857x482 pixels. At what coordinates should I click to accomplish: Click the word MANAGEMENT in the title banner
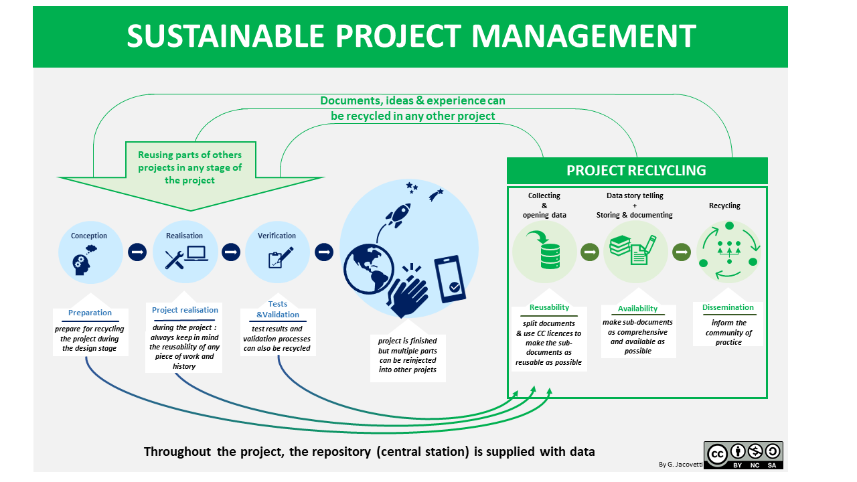tap(583, 36)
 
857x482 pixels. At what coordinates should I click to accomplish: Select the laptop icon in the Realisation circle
tap(196, 254)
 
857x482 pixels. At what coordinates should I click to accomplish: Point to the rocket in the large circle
tap(398, 215)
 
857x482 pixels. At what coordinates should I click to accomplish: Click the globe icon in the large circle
tap(368, 268)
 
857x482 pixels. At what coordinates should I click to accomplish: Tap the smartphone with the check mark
tap(449, 279)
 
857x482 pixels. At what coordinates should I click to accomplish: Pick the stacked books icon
tap(620, 245)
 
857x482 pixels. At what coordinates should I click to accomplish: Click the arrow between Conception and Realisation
tap(137, 252)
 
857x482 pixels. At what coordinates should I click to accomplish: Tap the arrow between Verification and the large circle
tap(324, 252)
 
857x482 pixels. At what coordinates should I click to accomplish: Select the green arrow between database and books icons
tap(590, 252)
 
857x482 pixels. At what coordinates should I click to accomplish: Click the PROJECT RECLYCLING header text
tap(636, 171)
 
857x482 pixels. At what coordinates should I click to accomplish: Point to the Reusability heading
tap(549, 307)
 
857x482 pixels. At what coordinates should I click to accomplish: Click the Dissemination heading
tap(728, 307)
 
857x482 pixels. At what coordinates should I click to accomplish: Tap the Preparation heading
tap(90, 313)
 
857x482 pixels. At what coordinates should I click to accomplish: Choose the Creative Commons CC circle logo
tap(717, 455)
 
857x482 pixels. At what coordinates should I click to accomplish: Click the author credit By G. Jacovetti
tap(681, 465)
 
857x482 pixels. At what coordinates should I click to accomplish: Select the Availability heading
tap(637, 309)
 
